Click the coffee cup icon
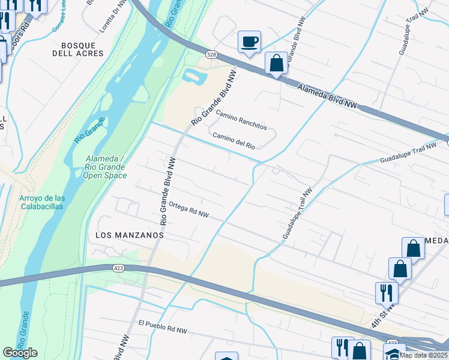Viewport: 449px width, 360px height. pos(249,41)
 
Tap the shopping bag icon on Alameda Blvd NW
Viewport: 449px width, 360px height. pos(276,62)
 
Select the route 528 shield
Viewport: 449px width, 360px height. pos(211,54)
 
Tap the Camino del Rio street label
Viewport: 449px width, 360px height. pos(234,141)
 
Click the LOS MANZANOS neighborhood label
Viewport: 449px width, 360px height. pos(130,236)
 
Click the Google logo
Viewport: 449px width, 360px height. pos(20,353)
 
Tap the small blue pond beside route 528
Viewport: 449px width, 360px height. pos(193,77)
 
